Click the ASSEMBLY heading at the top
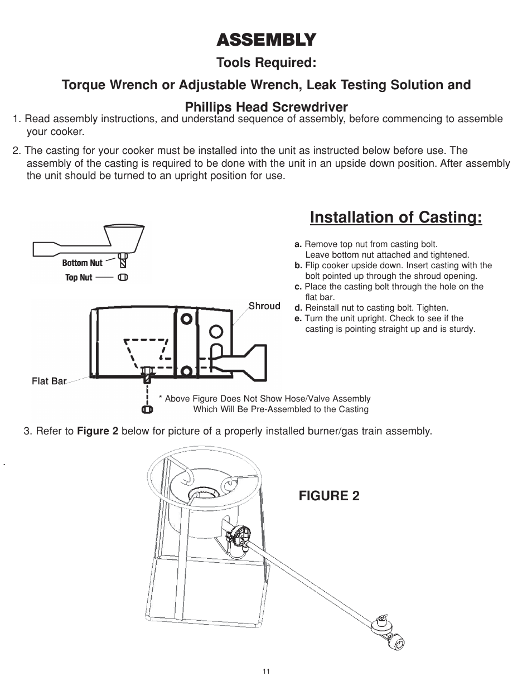pos(266,40)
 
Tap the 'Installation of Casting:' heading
pos(396,217)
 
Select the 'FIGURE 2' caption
pos(329,496)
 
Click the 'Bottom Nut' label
pos(82,263)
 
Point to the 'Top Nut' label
pos(79,277)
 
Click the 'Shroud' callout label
pos(264,306)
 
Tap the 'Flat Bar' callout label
pos(49,381)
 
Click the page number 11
pos(266,671)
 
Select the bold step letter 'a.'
pos(298,244)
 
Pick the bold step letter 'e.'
pos(298,318)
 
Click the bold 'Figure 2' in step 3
pos(98,431)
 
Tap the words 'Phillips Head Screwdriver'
pos(266,107)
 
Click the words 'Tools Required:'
pos(266,62)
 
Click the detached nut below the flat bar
pos(147,409)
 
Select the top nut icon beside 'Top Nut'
pos(123,277)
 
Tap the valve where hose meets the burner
pos(240,535)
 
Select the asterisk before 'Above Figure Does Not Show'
pos(161,398)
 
